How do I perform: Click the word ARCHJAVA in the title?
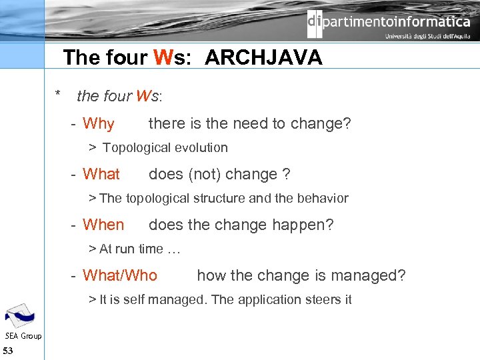[x=263, y=58]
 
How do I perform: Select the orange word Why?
[x=99, y=124]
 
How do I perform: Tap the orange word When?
[x=103, y=225]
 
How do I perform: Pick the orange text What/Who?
[x=120, y=276]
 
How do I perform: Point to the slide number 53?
[x=8, y=351]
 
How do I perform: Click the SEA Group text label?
[x=23, y=336]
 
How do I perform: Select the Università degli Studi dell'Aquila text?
[x=427, y=37]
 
